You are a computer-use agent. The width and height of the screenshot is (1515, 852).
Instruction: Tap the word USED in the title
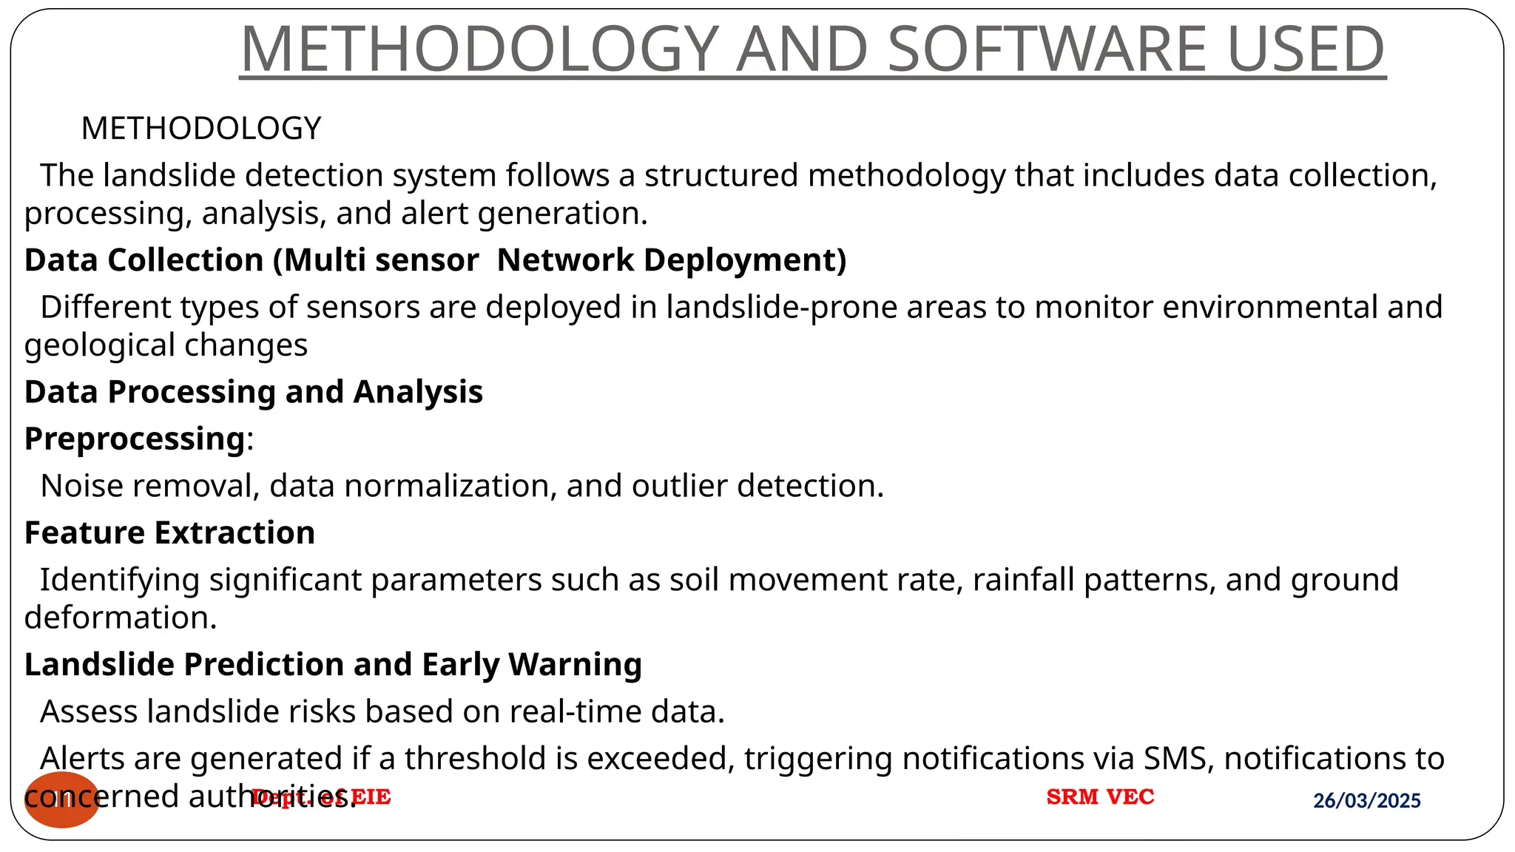(1306, 49)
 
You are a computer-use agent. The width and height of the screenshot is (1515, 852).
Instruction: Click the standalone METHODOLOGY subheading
(201, 129)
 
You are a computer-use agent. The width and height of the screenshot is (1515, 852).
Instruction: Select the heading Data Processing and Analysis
(253, 392)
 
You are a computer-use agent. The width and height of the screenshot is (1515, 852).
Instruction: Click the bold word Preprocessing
(135, 439)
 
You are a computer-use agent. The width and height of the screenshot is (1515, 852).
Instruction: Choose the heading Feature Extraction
(169, 533)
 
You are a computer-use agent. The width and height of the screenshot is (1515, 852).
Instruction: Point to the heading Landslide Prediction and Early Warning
(333, 665)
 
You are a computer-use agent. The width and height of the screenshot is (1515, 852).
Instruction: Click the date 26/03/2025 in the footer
(1366, 800)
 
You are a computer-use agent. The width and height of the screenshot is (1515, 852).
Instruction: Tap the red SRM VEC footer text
(1100, 797)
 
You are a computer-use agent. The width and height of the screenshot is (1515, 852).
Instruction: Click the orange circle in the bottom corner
(62, 799)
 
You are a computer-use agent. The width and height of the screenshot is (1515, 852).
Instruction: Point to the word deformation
(121, 618)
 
